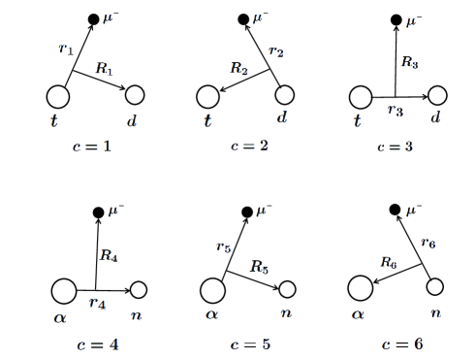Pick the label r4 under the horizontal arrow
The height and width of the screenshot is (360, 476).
[x=96, y=303]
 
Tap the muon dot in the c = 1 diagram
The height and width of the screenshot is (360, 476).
[x=93, y=18]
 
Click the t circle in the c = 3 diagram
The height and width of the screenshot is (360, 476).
[x=361, y=97]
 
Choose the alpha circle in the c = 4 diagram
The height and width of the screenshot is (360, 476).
[x=64, y=290]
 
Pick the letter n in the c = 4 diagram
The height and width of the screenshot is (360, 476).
[x=138, y=313]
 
